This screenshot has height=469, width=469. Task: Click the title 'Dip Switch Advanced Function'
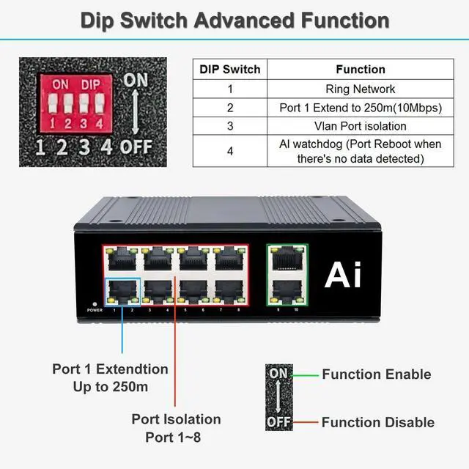234,19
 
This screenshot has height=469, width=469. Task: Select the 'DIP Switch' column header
230,70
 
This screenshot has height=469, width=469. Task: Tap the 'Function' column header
360,70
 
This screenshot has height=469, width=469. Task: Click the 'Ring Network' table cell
360,89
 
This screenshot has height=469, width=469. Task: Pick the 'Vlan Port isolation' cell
360,125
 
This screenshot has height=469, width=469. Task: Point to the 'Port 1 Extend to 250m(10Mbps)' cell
360,107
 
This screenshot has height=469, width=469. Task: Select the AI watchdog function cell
360,151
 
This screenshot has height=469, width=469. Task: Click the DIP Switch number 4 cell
230,151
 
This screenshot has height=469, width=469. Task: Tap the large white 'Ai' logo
343,275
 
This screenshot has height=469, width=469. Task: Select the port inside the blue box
122,291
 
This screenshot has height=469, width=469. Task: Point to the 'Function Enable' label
376,374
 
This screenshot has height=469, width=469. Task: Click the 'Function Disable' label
377,422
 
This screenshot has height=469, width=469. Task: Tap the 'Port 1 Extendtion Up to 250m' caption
110,377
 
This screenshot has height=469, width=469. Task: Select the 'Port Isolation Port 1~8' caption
176,428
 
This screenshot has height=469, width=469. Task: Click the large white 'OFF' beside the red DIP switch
136,146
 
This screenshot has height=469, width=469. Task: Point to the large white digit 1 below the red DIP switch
41,147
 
